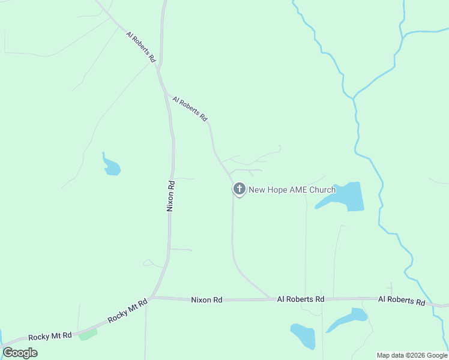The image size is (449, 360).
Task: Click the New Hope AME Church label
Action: click(292, 190)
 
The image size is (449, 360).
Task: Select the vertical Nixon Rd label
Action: click(170, 196)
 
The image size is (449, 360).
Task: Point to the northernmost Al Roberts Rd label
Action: click(141, 47)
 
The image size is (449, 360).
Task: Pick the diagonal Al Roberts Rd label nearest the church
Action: click(190, 108)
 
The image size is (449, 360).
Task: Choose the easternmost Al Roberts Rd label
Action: click(402, 299)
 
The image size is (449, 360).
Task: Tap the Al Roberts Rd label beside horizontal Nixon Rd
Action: click(301, 299)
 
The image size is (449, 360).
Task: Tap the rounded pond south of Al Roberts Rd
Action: click(303, 337)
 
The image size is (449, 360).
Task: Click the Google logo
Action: click(20, 353)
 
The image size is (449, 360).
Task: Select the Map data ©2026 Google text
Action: click(412, 355)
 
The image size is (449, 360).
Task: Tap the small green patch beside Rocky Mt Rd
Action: click(88, 334)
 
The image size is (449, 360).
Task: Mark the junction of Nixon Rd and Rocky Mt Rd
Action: click(151, 297)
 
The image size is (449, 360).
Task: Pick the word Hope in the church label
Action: click(268, 190)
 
